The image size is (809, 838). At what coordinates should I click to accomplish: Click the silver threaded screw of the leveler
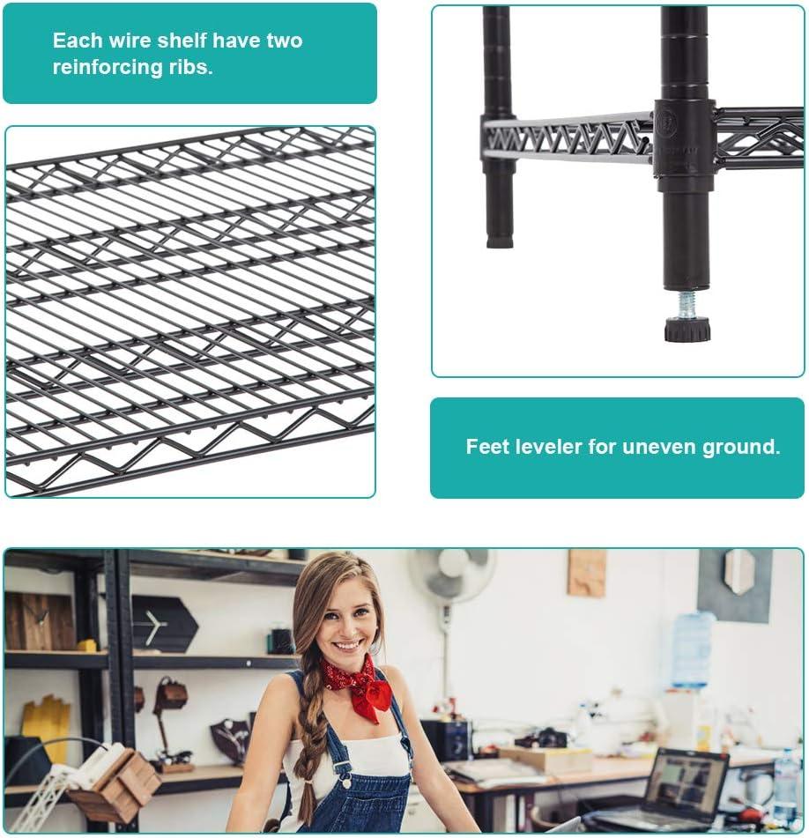(x=687, y=305)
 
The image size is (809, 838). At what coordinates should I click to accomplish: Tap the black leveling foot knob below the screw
(x=687, y=330)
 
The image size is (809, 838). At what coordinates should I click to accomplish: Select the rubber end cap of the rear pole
(x=500, y=242)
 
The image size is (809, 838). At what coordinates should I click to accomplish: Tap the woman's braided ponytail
(x=309, y=748)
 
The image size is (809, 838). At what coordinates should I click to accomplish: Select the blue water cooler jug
(x=692, y=650)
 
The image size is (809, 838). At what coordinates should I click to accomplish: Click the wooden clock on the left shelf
(x=40, y=621)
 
